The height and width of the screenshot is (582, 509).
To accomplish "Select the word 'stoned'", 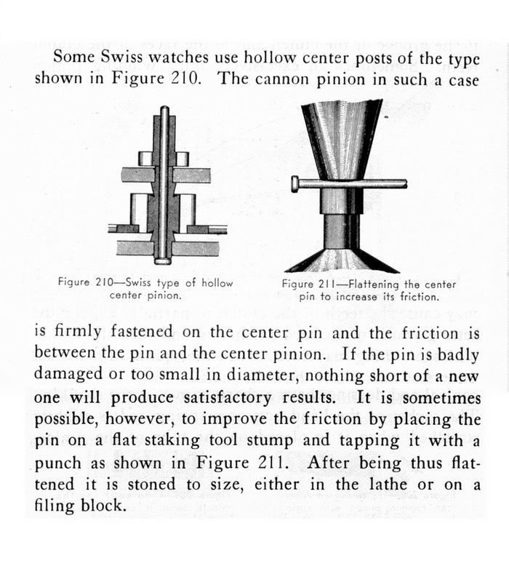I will point(169,487).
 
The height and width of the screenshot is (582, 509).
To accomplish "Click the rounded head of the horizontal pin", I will point(294,184).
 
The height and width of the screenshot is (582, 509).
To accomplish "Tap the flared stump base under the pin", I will point(342,256).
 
